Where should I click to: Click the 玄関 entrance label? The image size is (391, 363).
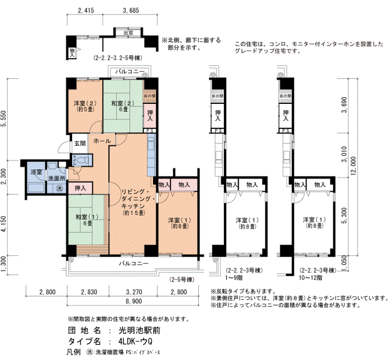point(80,144)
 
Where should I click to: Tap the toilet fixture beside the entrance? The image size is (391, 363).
point(78,160)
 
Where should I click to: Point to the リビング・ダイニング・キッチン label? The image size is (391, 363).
point(133,202)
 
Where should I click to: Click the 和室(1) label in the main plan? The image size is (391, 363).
point(79,220)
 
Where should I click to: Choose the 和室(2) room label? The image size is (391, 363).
point(120,106)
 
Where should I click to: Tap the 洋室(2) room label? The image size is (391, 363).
point(84,106)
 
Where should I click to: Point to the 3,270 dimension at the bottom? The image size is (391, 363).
point(133,292)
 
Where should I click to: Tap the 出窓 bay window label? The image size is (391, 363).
point(127,33)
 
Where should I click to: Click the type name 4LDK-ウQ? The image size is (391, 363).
point(135,341)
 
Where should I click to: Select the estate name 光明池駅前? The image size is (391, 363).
point(131,330)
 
